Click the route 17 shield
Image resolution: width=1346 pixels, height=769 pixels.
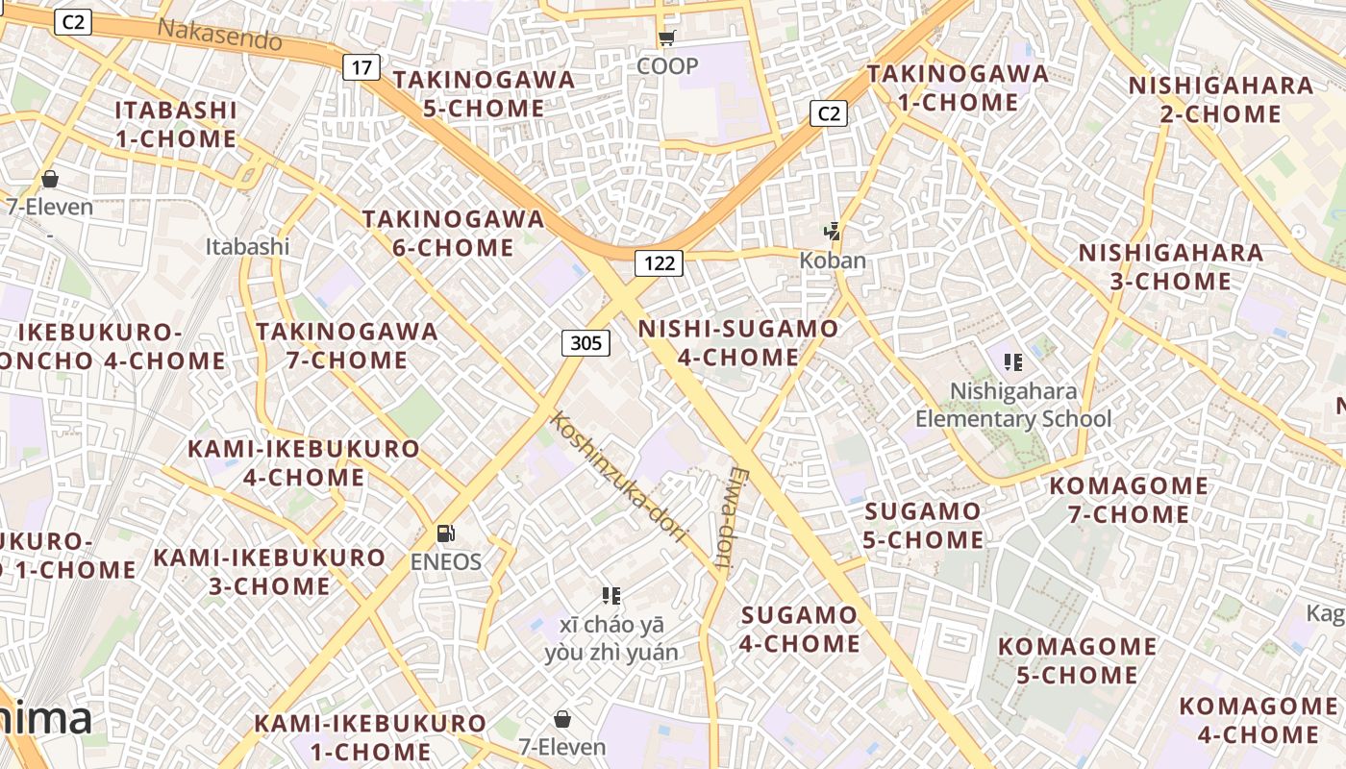[x=361, y=67]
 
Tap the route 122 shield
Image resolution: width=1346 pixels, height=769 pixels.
[x=659, y=262]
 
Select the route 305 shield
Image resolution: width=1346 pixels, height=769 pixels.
[x=586, y=343]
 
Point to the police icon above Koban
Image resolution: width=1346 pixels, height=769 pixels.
[x=833, y=232]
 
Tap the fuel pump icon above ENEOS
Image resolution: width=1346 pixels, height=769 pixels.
[x=446, y=533]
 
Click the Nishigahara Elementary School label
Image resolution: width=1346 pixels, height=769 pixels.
[x=1012, y=406]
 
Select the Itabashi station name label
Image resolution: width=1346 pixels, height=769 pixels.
[x=247, y=246]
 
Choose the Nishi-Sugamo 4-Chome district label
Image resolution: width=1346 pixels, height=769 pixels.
[x=738, y=343]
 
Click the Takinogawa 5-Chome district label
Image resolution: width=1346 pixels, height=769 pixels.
[x=484, y=93]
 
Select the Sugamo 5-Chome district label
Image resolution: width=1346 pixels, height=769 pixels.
[x=922, y=525]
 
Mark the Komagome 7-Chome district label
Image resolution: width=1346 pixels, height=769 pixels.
[x=1129, y=500]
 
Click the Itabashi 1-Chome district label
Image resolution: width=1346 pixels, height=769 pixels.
[x=176, y=124]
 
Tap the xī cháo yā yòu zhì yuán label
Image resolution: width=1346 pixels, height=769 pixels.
[x=611, y=638]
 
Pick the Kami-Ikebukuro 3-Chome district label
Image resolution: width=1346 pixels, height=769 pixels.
[x=269, y=571]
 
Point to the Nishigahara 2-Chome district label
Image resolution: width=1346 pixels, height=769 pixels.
[x=1221, y=99]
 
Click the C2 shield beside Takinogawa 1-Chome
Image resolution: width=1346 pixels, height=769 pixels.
[x=828, y=113]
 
